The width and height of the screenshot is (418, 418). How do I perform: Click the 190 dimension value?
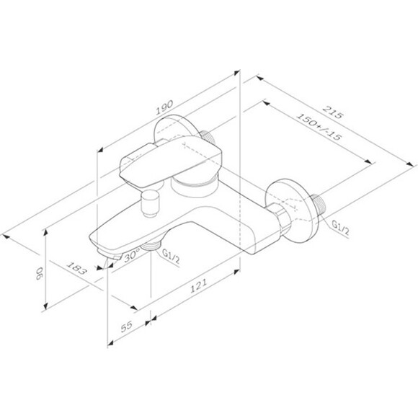click(164, 107)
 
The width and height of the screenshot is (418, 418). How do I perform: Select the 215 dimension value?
click(332, 112)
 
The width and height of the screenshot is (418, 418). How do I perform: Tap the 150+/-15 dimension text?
click(319, 127)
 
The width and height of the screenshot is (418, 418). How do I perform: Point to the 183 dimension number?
click(77, 268)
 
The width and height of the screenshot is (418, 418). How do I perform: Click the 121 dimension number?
click(198, 286)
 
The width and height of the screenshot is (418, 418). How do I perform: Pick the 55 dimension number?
click(127, 326)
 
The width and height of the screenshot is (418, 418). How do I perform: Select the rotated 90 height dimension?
click(39, 273)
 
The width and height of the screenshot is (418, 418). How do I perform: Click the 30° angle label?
click(132, 255)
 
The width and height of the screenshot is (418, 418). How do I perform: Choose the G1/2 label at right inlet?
click(340, 228)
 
